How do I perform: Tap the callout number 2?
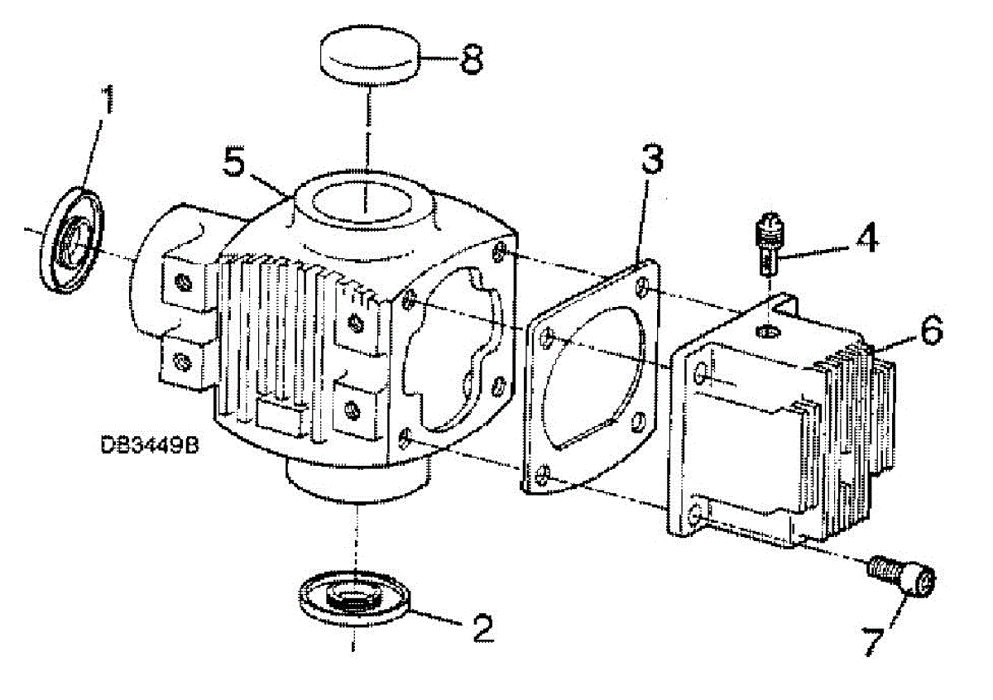coord(479,628)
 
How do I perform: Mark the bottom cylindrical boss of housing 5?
coord(357,480)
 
